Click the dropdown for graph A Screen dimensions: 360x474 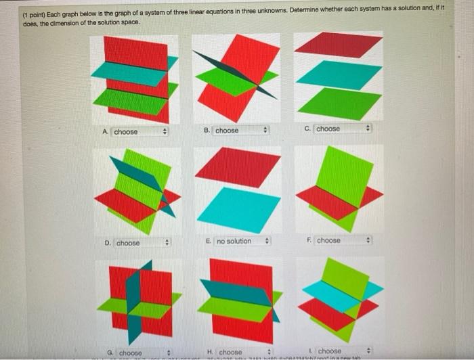tap(139, 132)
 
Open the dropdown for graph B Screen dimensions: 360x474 tap(241, 130)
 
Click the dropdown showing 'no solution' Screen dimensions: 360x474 tap(242, 241)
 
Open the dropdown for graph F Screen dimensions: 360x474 tap(343, 240)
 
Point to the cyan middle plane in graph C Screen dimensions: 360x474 tap(339, 74)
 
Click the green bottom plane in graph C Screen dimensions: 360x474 tap(339, 104)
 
